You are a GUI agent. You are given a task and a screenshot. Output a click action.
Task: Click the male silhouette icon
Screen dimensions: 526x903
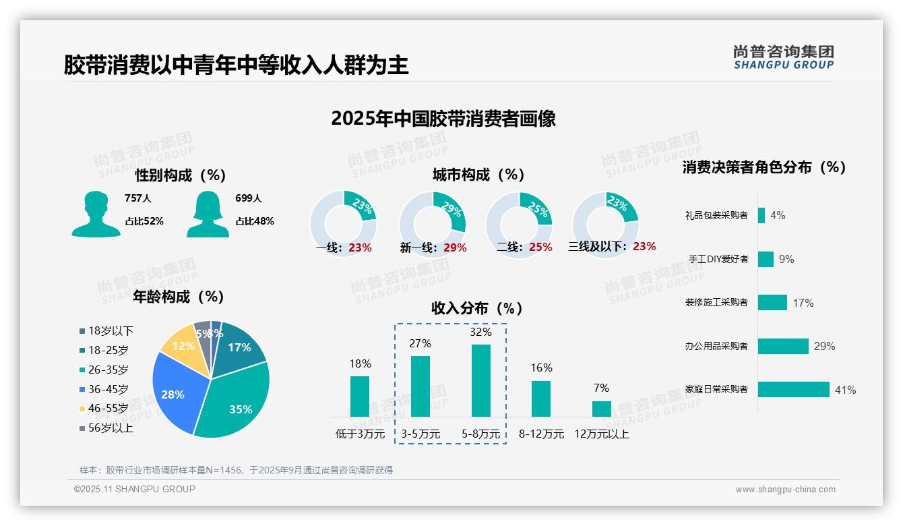[96, 214]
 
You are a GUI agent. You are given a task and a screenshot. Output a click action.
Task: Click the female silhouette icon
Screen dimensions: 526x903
[208, 214]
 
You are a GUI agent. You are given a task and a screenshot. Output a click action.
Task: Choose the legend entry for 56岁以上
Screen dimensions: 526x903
[106, 428]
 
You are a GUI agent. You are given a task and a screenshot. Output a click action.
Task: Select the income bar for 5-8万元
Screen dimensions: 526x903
[480, 381]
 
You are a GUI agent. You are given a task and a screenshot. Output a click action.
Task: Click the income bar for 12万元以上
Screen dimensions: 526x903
[601, 409]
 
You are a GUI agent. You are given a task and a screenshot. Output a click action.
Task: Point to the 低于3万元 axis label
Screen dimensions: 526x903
[360, 434]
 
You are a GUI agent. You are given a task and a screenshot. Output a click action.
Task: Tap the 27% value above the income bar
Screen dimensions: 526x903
[420, 344]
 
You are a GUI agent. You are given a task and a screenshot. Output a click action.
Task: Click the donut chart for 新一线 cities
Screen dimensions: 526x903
[433, 224]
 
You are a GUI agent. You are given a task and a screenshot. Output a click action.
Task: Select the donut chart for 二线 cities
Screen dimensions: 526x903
[519, 224]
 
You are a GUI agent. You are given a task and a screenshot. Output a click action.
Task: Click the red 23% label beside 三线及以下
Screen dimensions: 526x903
[644, 247]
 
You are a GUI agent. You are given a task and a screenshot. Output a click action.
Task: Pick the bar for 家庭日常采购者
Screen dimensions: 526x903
[793, 390]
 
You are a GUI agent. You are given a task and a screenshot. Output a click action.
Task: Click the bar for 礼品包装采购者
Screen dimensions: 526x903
[761, 215]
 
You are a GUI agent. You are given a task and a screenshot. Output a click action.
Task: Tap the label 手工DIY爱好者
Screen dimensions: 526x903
[718, 259]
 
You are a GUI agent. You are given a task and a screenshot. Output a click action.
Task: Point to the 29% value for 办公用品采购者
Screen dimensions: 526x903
[824, 347]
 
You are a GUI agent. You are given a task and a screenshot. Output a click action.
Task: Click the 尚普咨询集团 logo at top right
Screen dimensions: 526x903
[783, 57]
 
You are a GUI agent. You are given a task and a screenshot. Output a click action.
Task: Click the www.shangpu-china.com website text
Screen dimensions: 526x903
[785, 490]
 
